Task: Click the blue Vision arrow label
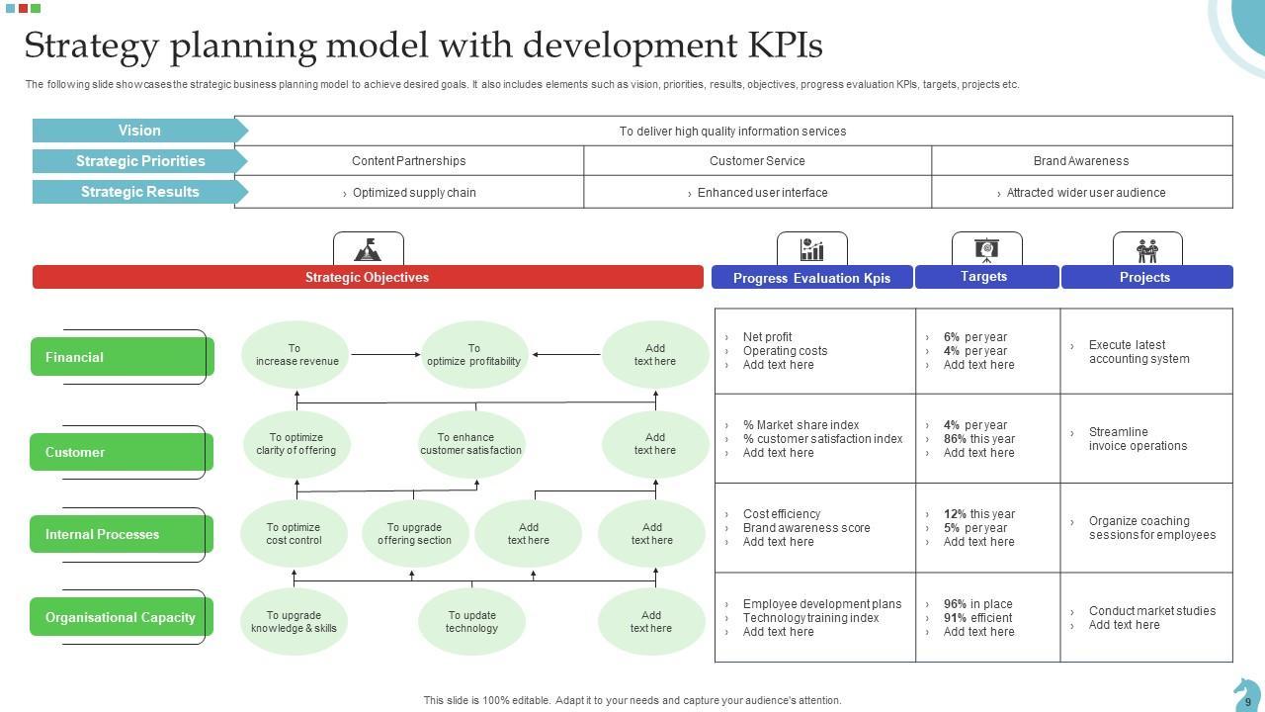(139, 131)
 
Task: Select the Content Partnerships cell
(408, 161)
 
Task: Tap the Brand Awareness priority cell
(1081, 161)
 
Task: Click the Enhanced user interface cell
(758, 193)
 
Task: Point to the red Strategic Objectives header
(367, 278)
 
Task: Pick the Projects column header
(1145, 278)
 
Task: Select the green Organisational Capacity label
(121, 617)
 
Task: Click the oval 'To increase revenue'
(296, 355)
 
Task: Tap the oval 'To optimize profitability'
(474, 355)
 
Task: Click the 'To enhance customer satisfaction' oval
(471, 444)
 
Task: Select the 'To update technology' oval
(471, 622)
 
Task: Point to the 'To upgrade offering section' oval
(414, 534)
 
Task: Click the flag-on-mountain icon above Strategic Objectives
(368, 249)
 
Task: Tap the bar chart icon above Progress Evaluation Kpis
(811, 248)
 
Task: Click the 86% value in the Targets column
(955, 439)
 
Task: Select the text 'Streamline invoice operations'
(1138, 439)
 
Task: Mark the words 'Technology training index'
(810, 618)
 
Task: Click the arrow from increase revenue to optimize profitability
(385, 354)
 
